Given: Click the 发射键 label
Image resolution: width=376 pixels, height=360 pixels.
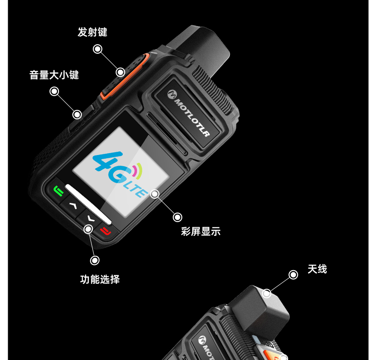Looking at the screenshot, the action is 92,32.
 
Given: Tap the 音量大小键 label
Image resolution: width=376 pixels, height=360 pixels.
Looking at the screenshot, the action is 54,75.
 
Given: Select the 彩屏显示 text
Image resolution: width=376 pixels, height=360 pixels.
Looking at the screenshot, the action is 201,232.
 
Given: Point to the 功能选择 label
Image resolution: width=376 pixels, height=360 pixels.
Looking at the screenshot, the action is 100,279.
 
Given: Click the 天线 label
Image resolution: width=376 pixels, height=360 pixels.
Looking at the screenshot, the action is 317,269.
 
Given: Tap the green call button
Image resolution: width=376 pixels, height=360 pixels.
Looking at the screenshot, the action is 58,191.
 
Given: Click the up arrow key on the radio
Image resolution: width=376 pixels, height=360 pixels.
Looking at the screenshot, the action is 73,205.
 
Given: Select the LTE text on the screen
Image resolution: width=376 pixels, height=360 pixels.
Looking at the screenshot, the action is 136,188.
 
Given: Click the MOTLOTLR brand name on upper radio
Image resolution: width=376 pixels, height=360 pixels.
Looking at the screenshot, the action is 192,117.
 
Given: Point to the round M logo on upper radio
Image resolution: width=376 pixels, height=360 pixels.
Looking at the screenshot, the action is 172,94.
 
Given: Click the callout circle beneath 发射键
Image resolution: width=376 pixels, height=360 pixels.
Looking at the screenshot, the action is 98,49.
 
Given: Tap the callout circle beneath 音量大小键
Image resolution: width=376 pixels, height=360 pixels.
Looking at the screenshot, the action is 54,91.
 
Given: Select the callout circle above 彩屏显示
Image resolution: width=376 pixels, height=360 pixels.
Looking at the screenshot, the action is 178,217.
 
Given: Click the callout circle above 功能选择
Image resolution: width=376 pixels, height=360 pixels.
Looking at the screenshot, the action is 95,260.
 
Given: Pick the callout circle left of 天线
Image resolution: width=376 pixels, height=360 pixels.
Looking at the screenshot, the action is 293,275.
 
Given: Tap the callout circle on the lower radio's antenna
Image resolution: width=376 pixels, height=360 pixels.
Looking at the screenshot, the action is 267,293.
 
